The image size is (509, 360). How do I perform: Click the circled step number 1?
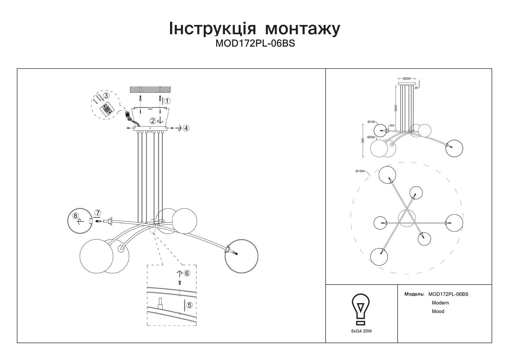(167, 101)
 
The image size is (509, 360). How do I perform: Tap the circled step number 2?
(153, 121)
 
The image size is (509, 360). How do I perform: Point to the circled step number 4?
(186, 128)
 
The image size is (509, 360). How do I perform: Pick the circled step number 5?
(189, 305)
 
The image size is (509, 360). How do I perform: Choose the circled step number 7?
(98, 213)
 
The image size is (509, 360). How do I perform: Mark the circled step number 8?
(75, 216)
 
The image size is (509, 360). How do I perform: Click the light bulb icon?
(361, 309)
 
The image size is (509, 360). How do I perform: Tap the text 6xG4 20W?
(361, 331)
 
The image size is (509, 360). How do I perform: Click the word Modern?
(440, 303)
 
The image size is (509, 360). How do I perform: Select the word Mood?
(438, 312)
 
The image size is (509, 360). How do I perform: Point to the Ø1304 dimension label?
(360, 171)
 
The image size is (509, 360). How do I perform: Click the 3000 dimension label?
(396, 108)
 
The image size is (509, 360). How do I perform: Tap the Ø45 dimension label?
(392, 125)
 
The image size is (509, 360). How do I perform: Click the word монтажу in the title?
(303, 29)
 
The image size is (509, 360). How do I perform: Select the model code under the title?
(255, 44)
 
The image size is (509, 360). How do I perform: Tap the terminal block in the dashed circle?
(106, 110)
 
